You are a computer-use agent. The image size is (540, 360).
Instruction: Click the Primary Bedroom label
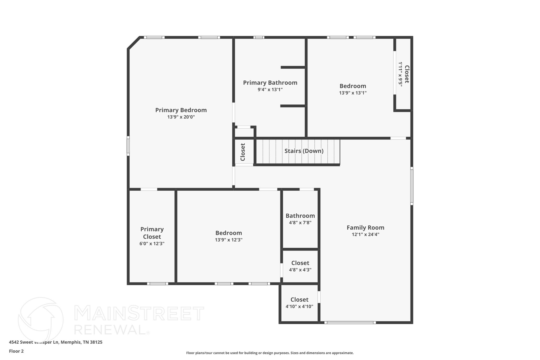pyautogui.click(x=181, y=110)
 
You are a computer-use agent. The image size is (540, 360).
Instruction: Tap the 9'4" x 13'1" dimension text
pyautogui.click(x=270, y=90)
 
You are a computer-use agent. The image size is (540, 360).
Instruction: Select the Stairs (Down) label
pyautogui.click(x=304, y=151)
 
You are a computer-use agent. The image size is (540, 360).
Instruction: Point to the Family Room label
pyautogui.click(x=365, y=228)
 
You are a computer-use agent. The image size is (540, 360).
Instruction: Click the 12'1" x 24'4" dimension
pyautogui.click(x=365, y=234)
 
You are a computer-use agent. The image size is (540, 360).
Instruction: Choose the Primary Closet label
pyautogui.click(x=152, y=233)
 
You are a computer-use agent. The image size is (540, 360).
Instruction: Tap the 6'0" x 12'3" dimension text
pyautogui.click(x=152, y=244)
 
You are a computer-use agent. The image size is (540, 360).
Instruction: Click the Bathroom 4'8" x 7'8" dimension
pyautogui.click(x=300, y=223)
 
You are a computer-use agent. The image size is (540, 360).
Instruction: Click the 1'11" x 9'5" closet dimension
pyautogui.click(x=400, y=74)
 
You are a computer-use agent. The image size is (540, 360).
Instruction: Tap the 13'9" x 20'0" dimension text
pyautogui.click(x=181, y=117)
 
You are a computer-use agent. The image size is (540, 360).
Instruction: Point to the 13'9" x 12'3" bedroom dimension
pyautogui.click(x=229, y=240)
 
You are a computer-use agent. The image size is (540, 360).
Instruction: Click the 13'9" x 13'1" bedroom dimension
pyautogui.click(x=353, y=93)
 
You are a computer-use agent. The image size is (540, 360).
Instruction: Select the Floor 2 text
pyautogui.click(x=16, y=351)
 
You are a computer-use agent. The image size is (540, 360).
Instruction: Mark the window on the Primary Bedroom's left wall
pyautogui.click(x=128, y=146)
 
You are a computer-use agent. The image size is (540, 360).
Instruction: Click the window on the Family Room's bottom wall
pyautogui.click(x=350, y=323)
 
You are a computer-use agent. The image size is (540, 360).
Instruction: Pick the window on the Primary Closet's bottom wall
pyautogui.click(x=157, y=284)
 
